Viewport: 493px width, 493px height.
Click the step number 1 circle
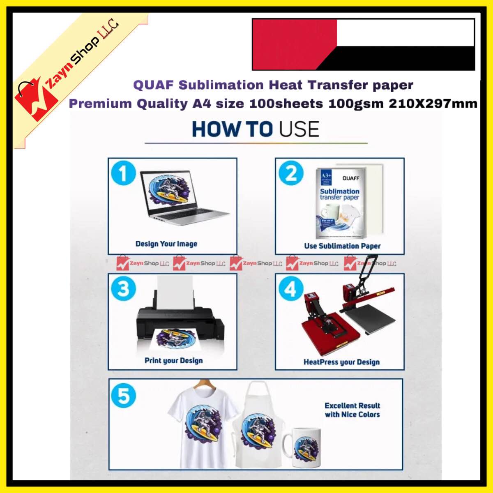pyautogui.click(x=123, y=173)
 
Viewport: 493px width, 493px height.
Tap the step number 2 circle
pyautogui.click(x=291, y=173)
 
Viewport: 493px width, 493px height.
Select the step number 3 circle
pyautogui.click(x=123, y=288)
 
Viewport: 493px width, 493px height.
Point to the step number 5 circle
pyautogui.click(x=123, y=396)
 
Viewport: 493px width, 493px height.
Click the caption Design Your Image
pyautogui.click(x=166, y=244)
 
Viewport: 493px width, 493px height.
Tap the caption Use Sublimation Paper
pyautogui.click(x=342, y=246)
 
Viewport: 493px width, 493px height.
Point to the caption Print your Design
pyautogui.click(x=173, y=361)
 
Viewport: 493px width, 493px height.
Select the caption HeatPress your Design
pyautogui.click(x=341, y=362)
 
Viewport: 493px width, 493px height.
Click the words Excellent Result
pyautogui.click(x=352, y=405)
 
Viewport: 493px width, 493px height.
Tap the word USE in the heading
pyautogui.click(x=299, y=129)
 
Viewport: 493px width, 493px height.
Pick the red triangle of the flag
pyautogui.click(x=288, y=44)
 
